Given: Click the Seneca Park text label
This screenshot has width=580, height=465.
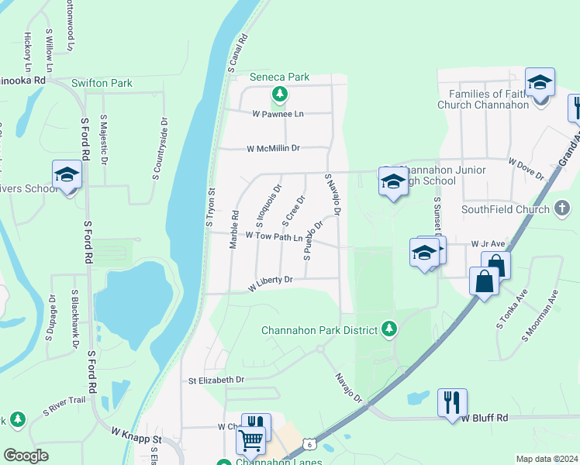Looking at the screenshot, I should coord(279,77).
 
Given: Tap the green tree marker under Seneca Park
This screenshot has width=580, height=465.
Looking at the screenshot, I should coord(279,96).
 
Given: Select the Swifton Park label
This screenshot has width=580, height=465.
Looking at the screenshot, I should coord(102,83).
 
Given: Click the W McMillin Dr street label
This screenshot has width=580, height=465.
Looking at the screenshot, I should coord(273,148).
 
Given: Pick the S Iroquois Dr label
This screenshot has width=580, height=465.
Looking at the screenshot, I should coord(268,205).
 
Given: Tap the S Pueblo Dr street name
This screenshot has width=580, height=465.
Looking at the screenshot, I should coord(313,239).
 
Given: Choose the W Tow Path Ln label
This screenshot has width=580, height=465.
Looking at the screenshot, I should coord(274,236).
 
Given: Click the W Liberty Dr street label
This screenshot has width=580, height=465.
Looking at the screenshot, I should coord(270,284).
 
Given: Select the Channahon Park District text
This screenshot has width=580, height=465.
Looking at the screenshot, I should coord(319,329).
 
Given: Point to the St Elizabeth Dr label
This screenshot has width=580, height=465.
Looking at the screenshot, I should coord(216,381).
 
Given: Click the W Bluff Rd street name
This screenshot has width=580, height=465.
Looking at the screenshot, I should coord(485,418).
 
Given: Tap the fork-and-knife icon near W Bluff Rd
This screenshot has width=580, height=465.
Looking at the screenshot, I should coord(451,402).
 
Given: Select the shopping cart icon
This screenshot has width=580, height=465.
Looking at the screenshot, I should coord(250,441).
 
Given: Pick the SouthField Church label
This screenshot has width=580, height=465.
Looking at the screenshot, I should coord(505,209).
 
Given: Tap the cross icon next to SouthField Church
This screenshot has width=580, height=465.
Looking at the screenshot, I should coord(562,208).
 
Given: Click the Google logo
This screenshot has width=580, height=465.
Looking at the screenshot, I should coord(26,456).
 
